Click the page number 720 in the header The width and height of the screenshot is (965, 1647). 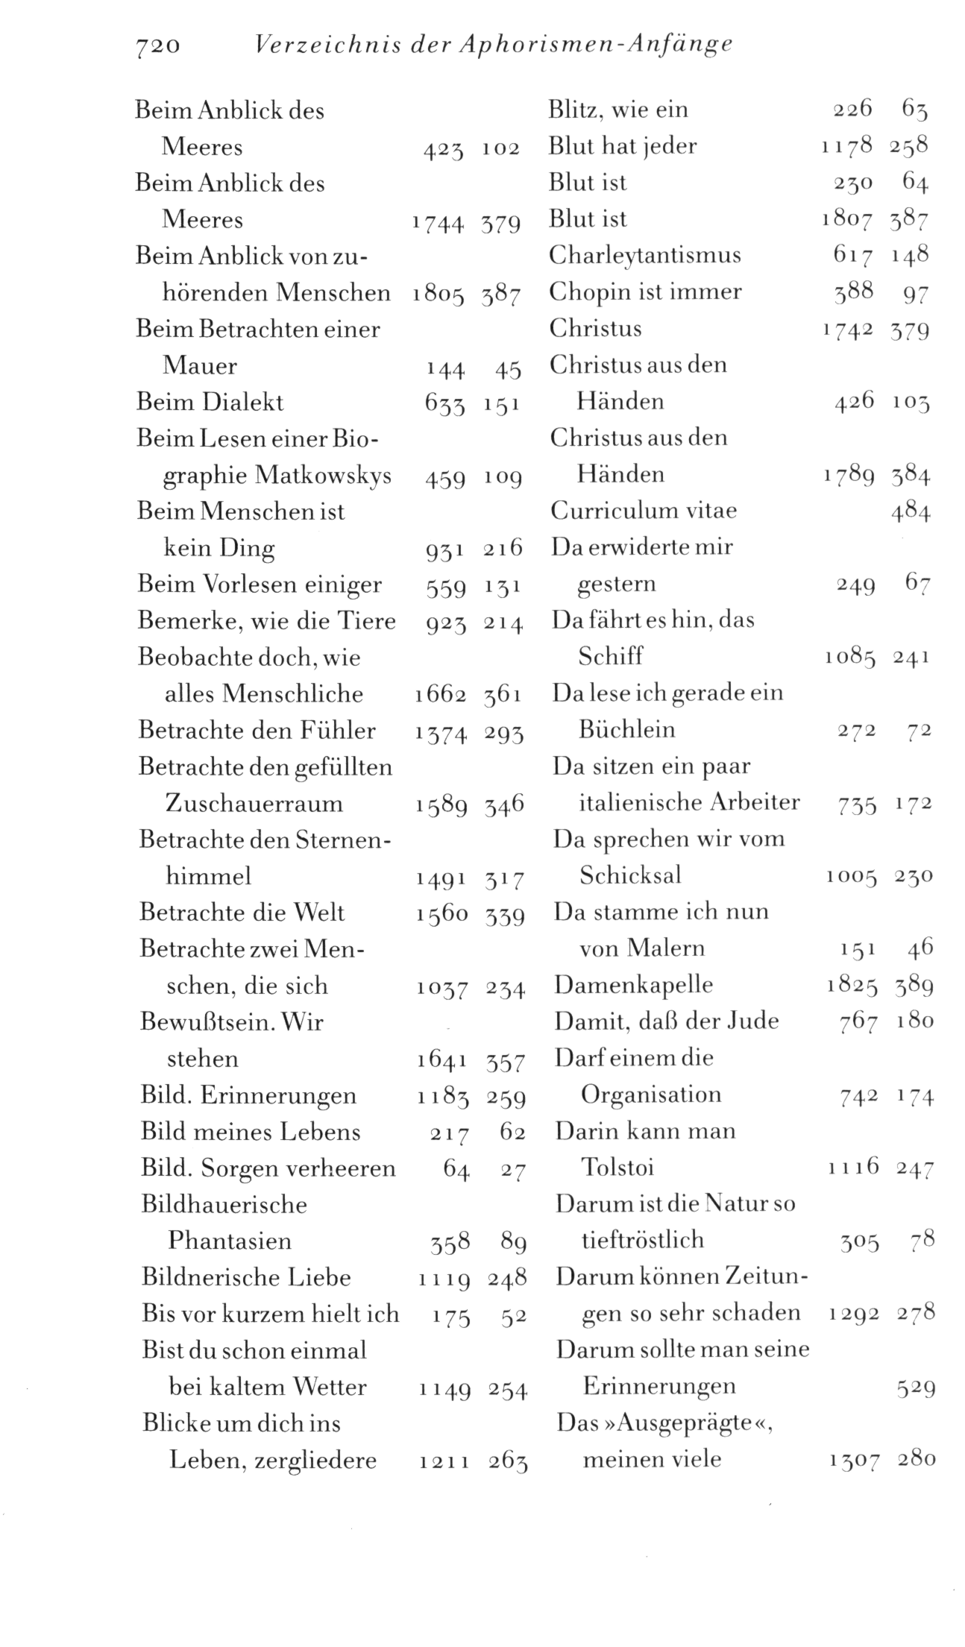coord(157,45)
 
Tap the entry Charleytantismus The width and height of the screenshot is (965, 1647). coord(645,256)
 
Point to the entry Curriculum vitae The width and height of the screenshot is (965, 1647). coord(644,511)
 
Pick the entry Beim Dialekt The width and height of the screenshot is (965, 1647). coord(210,403)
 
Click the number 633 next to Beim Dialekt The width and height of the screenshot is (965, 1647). coord(444,403)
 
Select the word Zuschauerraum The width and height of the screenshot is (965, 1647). coord(254,804)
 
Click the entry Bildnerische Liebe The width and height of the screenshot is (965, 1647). coord(246,1277)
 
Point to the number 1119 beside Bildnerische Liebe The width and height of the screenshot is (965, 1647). coord(444,1279)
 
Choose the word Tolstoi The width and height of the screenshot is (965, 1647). coord(617,1168)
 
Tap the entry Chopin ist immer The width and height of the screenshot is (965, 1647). coord(646,292)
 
